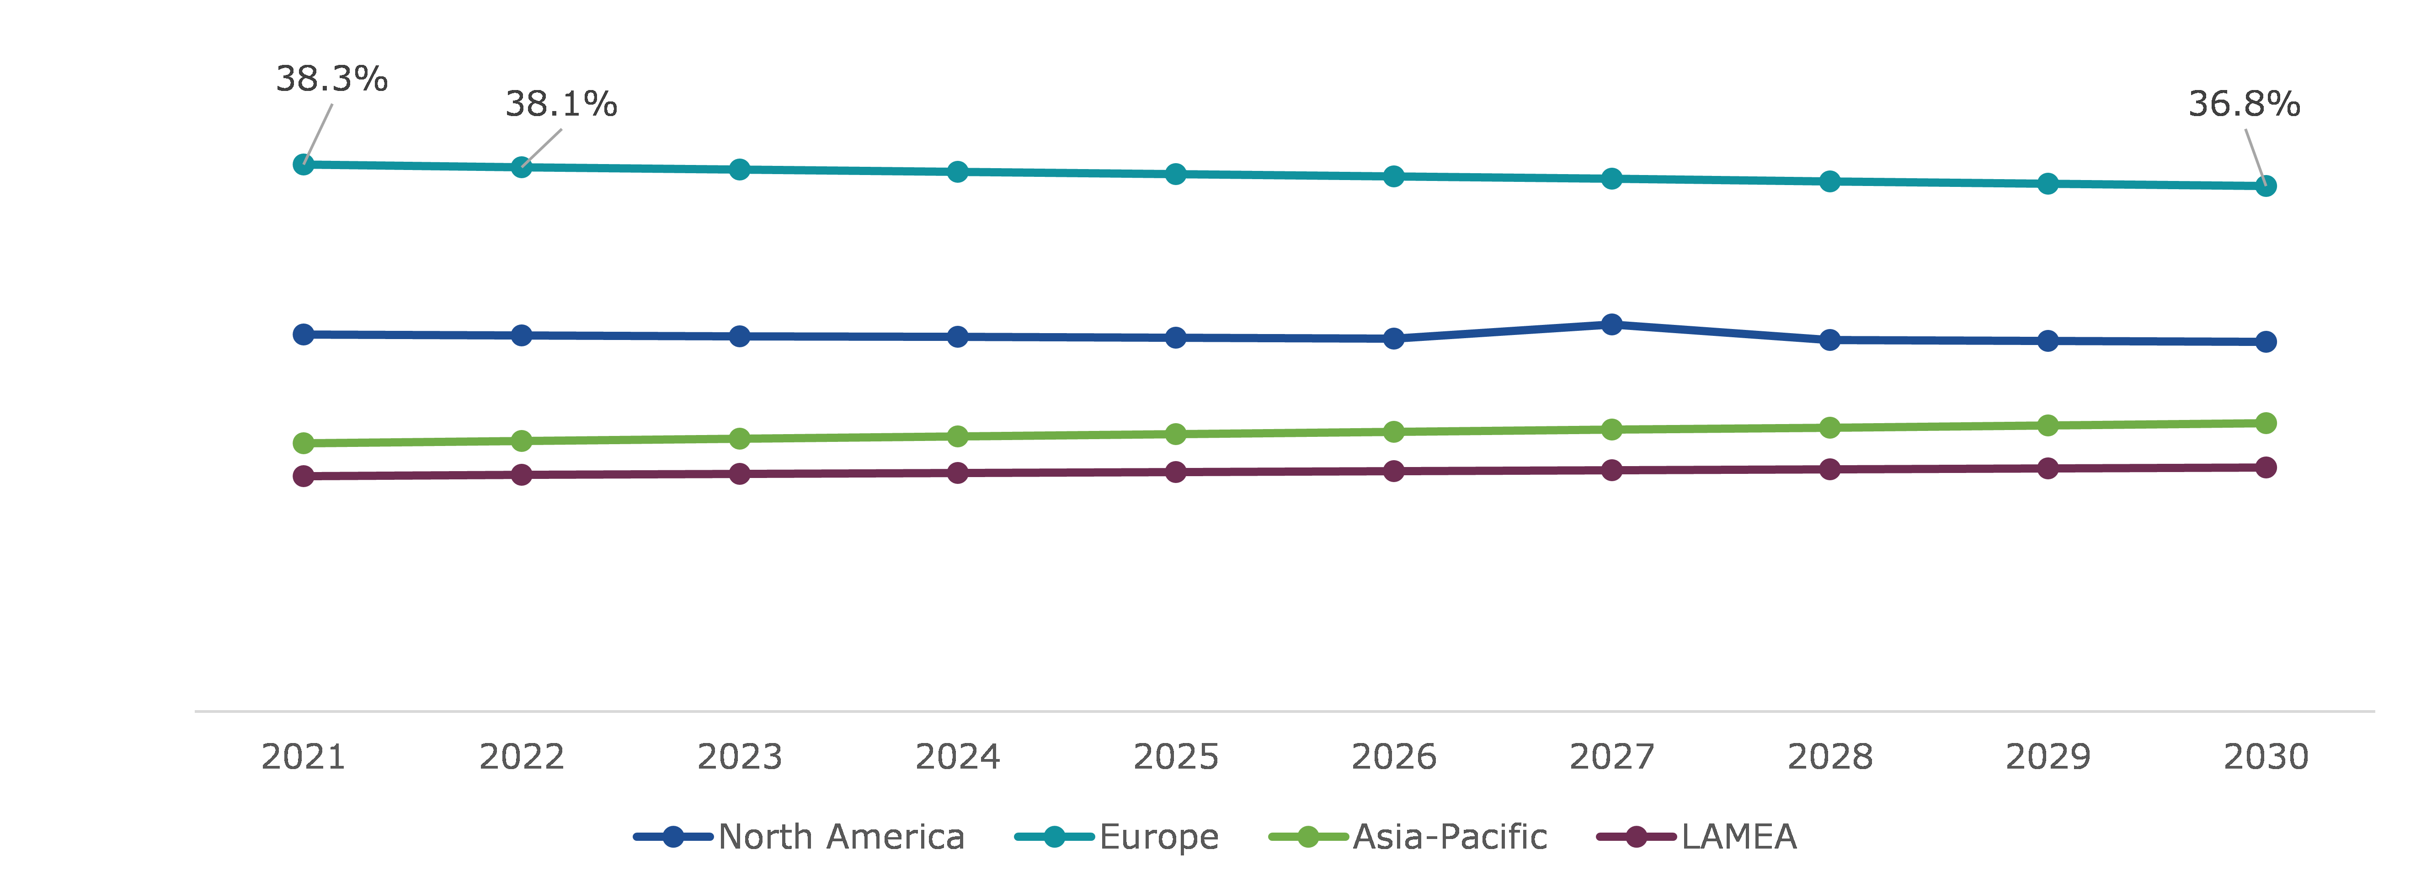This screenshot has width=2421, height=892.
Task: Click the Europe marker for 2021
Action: (x=304, y=165)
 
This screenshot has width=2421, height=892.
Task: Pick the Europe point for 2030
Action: (x=2266, y=186)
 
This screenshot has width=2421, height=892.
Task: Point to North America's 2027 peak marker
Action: (x=1612, y=324)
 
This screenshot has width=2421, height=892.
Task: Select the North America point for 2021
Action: (x=304, y=334)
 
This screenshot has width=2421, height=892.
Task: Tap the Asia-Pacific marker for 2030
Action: (x=2266, y=423)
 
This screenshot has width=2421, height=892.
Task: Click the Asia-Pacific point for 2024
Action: (x=958, y=436)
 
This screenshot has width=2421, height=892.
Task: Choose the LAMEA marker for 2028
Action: (x=1830, y=469)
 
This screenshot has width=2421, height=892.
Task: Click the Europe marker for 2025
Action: (x=1176, y=174)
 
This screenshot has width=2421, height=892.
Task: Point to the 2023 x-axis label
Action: (x=740, y=757)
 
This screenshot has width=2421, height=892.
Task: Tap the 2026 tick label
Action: (x=1394, y=757)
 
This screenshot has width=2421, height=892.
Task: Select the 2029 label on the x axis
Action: (x=2048, y=757)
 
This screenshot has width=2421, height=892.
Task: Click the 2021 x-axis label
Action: (x=304, y=757)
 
